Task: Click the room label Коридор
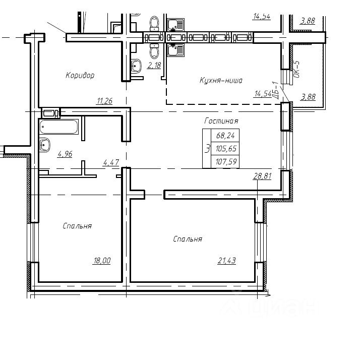[80, 75]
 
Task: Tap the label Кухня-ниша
[221, 80]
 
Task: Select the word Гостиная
[221, 121]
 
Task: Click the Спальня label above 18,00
[77, 226]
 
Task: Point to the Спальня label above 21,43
[188, 239]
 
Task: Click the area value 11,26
[105, 101]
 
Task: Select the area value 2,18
[154, 66]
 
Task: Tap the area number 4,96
[65, 154]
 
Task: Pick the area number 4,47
[111, 162]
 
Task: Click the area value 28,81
[263, 176]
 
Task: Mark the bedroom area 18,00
[102, 261]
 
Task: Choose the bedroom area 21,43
[227, 261]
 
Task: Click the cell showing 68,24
[225, 136]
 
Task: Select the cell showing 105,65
[225, 149]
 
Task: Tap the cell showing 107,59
[225, 161]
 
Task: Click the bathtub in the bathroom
[59, 127]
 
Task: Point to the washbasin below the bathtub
[45, 145]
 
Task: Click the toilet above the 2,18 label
[154, 50]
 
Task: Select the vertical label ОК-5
[296, 69]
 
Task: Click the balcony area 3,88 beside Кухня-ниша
[308, 97]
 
